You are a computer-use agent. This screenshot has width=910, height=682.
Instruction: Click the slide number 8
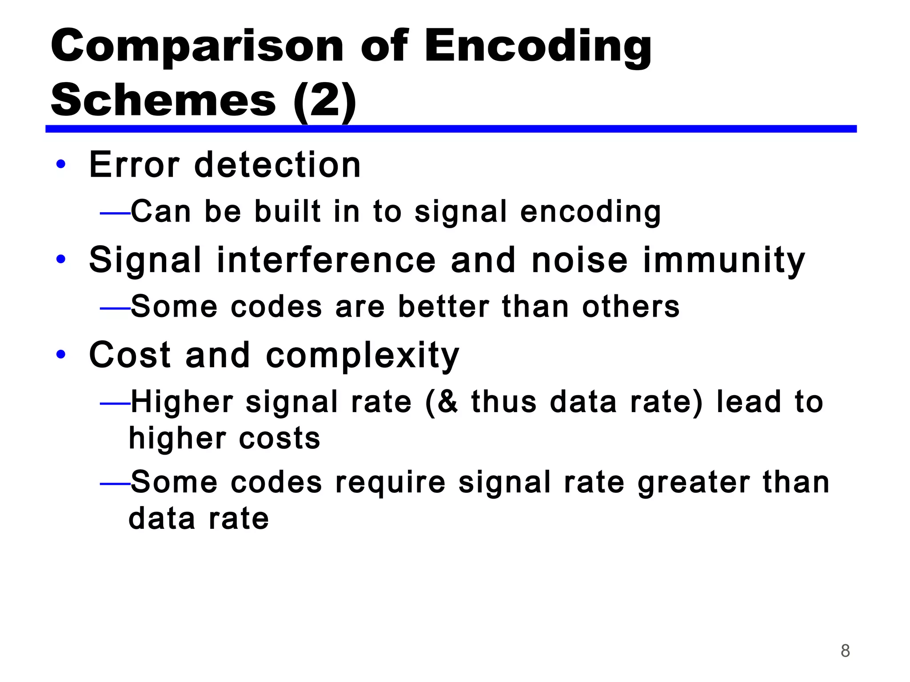pos(845,651)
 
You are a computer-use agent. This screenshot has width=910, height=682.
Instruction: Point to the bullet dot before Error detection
pos(61,164)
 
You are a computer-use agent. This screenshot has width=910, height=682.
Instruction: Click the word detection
pos(277,165)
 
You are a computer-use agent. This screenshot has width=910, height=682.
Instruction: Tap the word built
pos(287,211)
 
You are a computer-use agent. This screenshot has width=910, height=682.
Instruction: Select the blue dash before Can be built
pos(115,214)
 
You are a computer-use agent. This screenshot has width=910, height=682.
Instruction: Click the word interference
pos(326,260)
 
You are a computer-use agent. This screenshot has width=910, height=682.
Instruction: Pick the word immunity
pos(724,260)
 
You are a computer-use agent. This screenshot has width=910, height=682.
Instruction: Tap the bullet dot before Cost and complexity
pos(61,355)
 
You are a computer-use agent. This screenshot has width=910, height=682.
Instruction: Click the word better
pos(443,307)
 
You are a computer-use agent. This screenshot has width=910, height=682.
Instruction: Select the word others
pos(631,307)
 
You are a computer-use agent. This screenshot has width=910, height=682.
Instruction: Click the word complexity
pos(362,356)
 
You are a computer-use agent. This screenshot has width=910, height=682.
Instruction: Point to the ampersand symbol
pos(447,402)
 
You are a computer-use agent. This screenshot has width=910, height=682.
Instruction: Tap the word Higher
pos(181,402)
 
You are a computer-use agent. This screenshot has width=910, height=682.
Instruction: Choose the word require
pos(390,483)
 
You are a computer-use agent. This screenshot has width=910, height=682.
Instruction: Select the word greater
pos(694,483)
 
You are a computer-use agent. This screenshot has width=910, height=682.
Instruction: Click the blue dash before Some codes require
pos(115,484)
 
